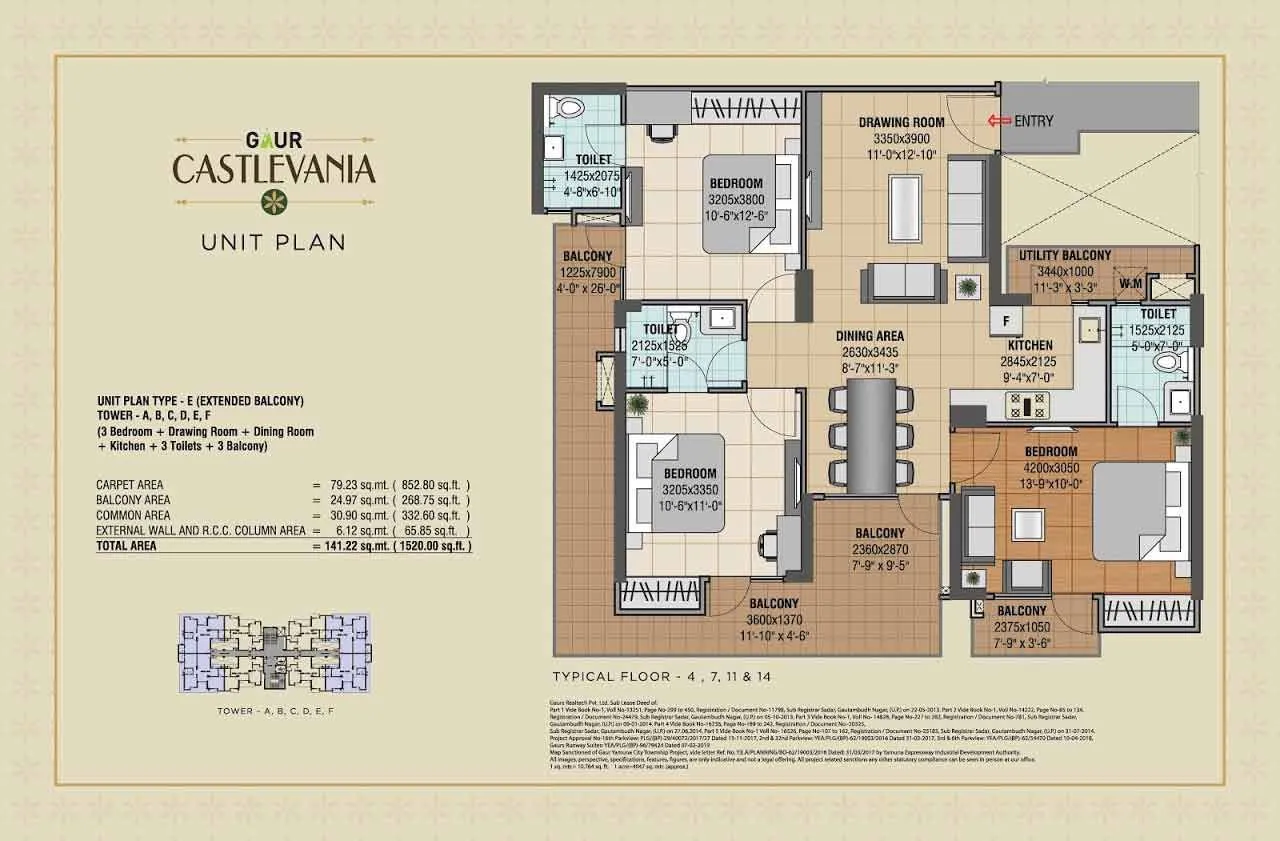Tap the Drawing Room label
tap(900, 123)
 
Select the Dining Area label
tap(870, 336)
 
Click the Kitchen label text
tap(1030, 345)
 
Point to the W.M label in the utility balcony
tap(1130, 284)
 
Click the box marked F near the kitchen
tap(1005, 320)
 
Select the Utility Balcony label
tap(1064, 255)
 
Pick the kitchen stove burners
tap(1027, 405)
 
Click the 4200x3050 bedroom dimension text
tap(1049, 467)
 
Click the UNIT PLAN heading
tap(273, 242)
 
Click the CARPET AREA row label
tap(129, 485)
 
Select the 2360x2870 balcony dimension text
tap(879, 548)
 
